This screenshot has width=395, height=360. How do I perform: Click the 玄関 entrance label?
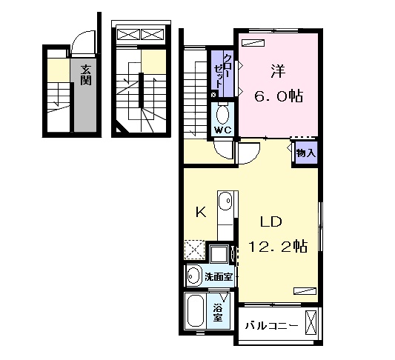point(86,75)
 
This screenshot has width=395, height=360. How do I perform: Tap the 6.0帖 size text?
point(279,96)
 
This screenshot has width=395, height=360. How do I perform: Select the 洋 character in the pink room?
point(279,71)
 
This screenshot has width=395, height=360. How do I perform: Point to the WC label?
point(223,130)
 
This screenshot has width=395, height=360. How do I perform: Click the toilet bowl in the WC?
point(222,114)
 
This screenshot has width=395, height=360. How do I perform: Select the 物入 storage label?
point(306,153)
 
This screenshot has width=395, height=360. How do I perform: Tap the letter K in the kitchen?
point(201,212)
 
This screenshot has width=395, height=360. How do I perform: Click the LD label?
point(270,221)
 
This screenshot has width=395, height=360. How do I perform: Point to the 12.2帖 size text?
point(278,246)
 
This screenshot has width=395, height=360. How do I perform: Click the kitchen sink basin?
point(225,201)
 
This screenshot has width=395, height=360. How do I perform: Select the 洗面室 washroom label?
point(219,277)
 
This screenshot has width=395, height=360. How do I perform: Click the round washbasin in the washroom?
point(193,276)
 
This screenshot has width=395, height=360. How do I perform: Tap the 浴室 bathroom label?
point(218,313)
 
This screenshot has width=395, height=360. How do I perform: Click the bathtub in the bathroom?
point(196,311)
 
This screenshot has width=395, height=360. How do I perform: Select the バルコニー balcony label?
point(271,326)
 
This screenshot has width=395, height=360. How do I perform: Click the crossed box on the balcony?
point(311,322)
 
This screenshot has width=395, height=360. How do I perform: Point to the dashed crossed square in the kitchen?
point(194,250)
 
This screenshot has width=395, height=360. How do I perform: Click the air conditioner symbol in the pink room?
point(253,43)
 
